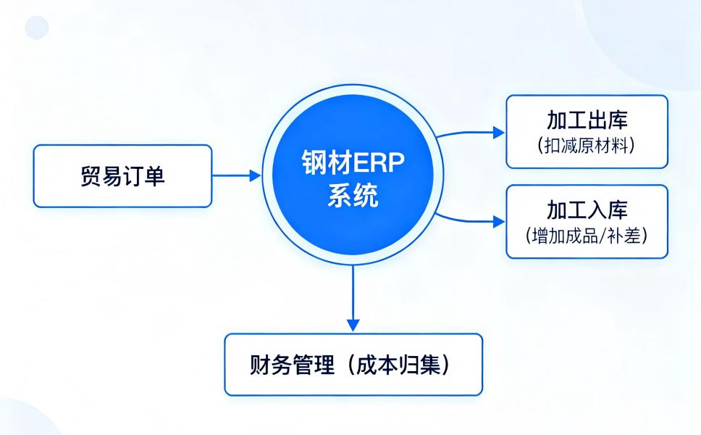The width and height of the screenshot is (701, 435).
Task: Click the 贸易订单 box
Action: (x=122, y=176)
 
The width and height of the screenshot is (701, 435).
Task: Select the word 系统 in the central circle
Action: (x=353, y=195)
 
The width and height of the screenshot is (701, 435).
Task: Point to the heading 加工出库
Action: (x=587, y=120)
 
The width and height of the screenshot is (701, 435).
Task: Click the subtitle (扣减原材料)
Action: (x=587, y=145)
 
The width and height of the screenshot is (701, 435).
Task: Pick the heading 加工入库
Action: (x=587, y=210)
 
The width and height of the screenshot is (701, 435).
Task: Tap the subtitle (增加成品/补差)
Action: (x=587, y=236)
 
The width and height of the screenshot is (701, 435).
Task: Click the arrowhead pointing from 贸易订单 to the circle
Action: (x=255, y=175)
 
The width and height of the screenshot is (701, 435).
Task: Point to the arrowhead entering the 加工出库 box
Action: (x=498, y=132)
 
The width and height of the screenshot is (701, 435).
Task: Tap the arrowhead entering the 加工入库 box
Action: (x=498, y=222)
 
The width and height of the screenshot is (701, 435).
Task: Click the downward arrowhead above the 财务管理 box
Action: (x=353, y=324)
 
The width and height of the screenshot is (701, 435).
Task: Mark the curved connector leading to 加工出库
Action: (x=463, y=134)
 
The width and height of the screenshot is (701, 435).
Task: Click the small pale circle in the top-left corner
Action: (x=37, y=28)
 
